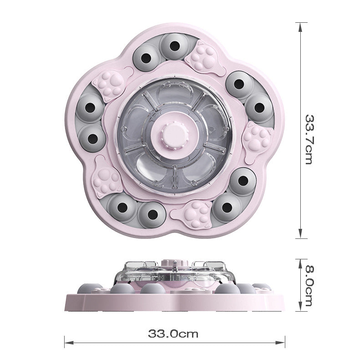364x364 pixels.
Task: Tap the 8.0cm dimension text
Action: coord(309,286)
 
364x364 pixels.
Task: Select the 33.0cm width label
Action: coord(173,334)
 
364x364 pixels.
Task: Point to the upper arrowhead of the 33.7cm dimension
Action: coord(300,27)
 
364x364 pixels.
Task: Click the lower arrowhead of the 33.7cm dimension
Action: coord(300,233)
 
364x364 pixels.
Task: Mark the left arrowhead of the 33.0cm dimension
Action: coord(69,343)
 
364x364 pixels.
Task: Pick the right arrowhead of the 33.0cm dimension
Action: coord(280,343)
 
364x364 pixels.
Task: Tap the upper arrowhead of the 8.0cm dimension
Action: coord(300,263)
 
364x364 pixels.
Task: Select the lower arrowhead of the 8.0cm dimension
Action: coord(300,306)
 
